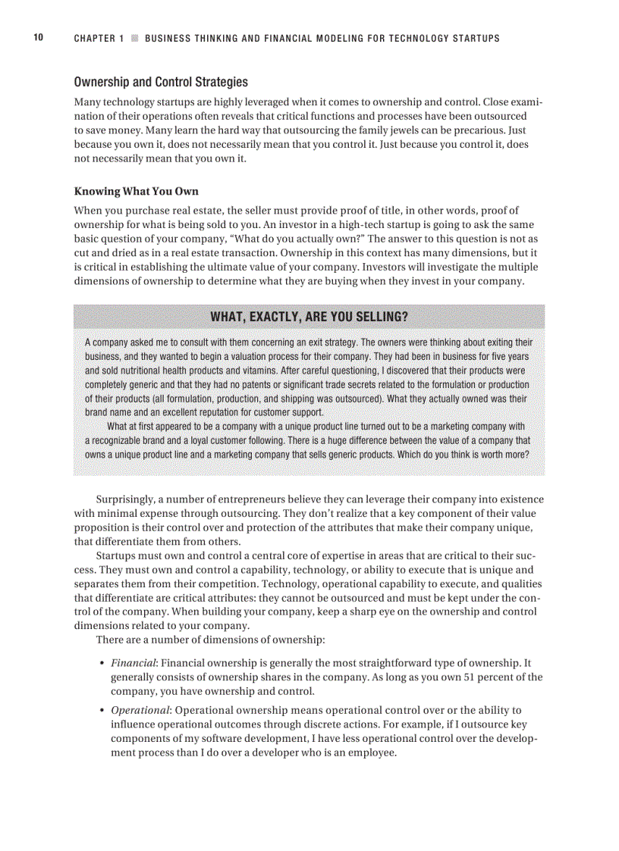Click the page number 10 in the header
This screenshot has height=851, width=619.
pyautogui.click(x=38, y=37)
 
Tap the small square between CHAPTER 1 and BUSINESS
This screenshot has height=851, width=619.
pyautogui.click(x=134, y=38)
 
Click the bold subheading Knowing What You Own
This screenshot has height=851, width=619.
pyautogui.click(x=136, y=191)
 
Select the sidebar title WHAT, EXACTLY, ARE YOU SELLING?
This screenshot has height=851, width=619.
pyautogui.click(x=309, y=316)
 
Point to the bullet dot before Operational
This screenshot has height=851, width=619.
pyautogui.click(x=102, y=711)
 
